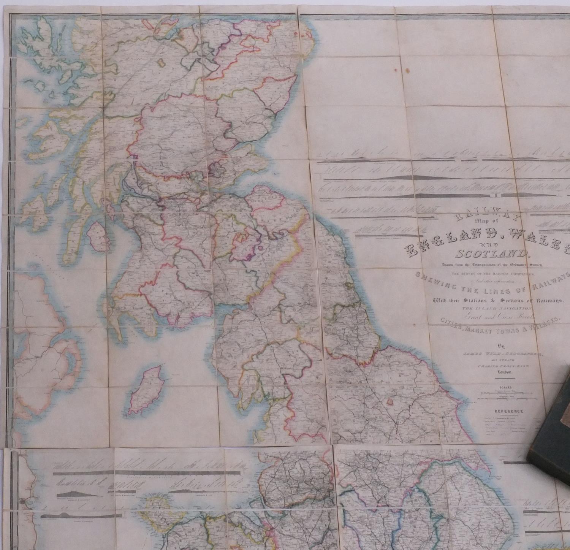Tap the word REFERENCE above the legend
[x=508, y=411]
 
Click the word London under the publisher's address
[x=505, y=373]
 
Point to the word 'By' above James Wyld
[x=503, y=346]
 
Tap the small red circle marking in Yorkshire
[x=389, y=401]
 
